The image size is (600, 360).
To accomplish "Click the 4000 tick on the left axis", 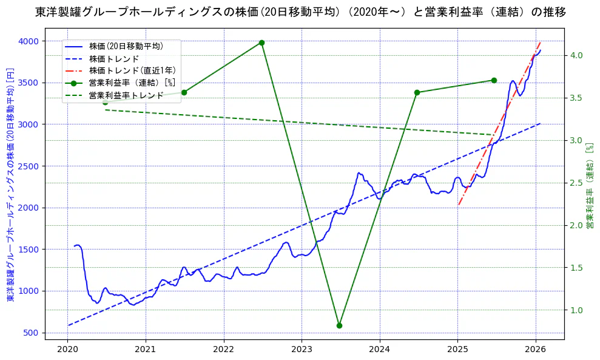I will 28,41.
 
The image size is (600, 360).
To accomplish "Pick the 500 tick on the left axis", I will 30,333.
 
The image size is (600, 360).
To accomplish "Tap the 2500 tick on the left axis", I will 28,166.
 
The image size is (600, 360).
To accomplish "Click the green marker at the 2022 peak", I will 261,42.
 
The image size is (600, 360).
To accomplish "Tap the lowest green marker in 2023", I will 339,325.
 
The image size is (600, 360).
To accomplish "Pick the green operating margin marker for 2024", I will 417,92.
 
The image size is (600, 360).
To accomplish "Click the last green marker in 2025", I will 494,80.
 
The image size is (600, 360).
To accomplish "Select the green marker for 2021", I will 184,92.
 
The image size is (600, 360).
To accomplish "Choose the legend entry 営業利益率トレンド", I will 126,95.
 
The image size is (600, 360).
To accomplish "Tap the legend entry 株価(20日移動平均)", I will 126,46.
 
